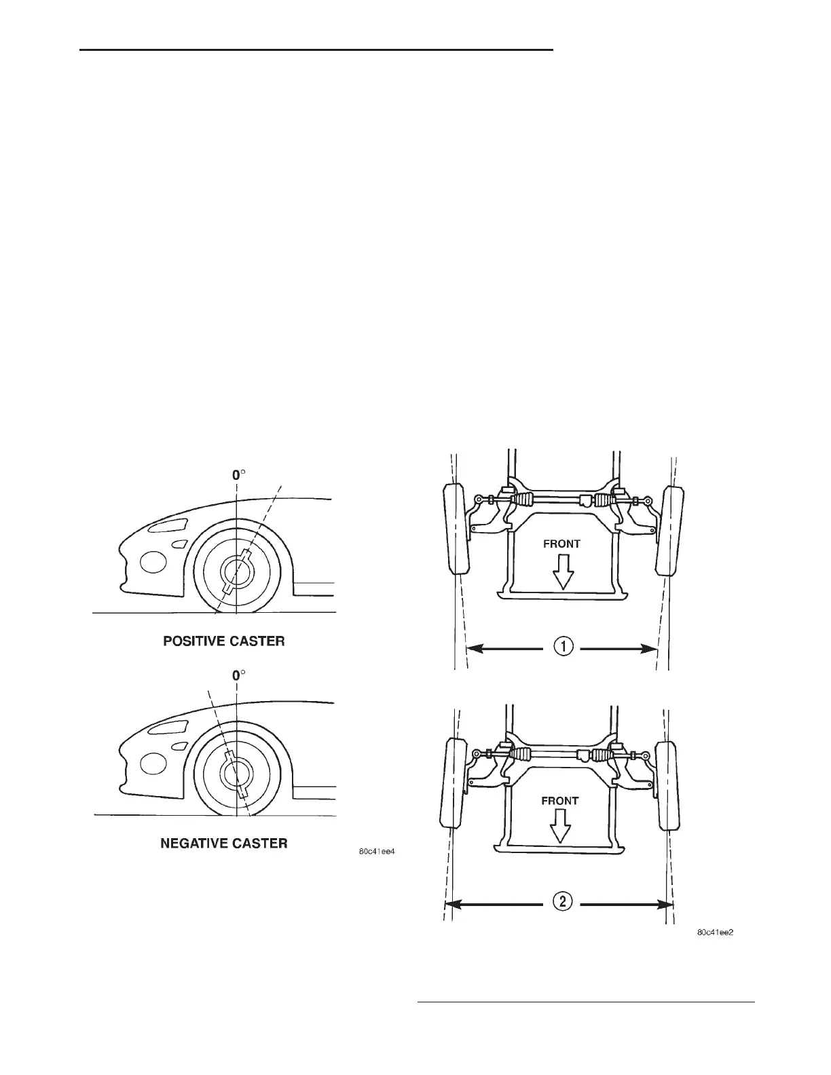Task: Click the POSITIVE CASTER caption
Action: [223, 641]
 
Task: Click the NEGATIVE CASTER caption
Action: [223, 843]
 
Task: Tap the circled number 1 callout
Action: [564, 648]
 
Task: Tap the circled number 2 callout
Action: [564, 903]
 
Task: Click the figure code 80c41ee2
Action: [716, 932]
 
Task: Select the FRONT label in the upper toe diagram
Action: [561, 544]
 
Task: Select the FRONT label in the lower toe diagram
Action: [559, 801]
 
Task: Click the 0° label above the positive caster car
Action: [236, 476]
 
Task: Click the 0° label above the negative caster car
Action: [237, 676]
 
